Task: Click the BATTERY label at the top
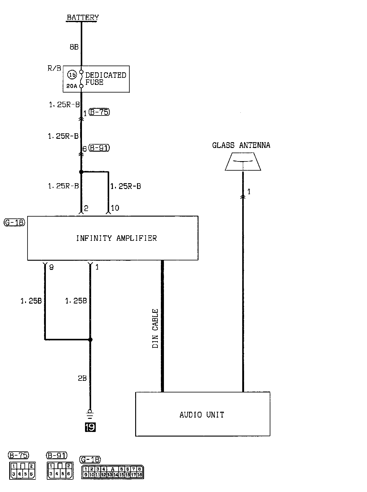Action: tap(83, 17)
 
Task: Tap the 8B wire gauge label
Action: tap(74, 47)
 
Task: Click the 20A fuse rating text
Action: tap(72, 86)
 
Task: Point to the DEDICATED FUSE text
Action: tap(105, 79)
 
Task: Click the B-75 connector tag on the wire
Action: tap(99, 112)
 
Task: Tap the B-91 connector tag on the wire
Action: tap(99, 148)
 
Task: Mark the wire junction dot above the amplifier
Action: tap(81, 172)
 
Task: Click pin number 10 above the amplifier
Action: tap(115, 208)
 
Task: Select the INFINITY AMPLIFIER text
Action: tap(116, 238)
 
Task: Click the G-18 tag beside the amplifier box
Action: tap(14, 222)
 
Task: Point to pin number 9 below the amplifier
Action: tap(51, 267)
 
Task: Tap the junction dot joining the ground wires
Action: tap(90, 339)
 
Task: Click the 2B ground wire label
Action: tap(82, 379)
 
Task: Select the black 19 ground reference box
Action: tap(90, 427)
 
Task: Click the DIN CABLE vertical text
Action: tap(155, 328)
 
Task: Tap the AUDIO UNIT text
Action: tap(202, 415)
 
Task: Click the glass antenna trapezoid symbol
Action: tap(243, 162)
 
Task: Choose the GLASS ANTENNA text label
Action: tap(241, 145)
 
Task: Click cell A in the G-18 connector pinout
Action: tap(113, 469)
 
